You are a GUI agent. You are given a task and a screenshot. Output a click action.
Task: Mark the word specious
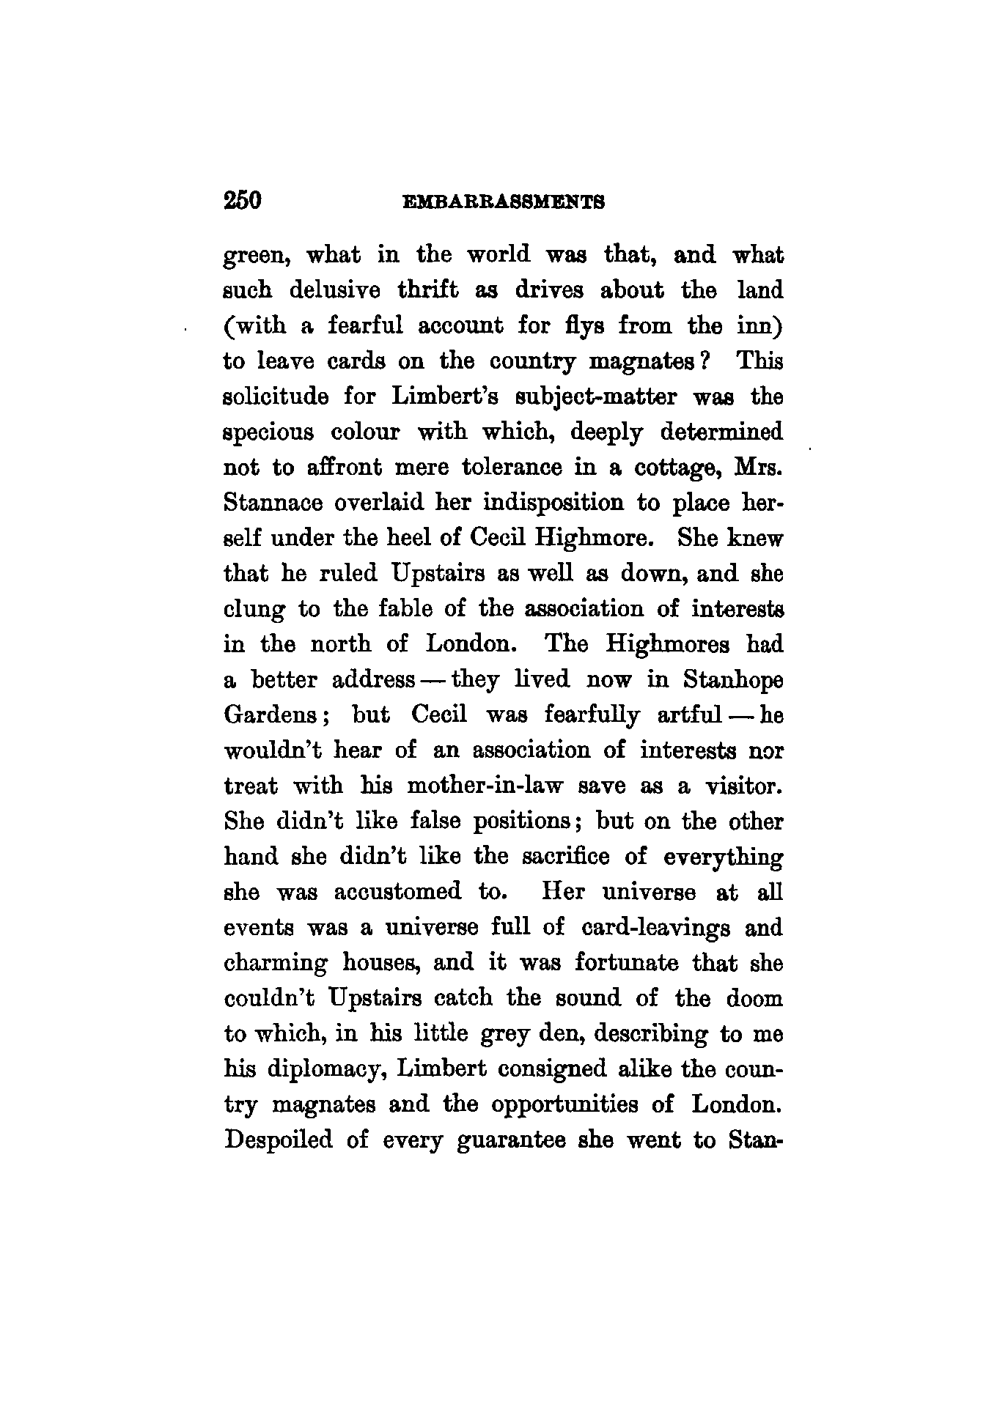pyautogui.click(x=268, y=433)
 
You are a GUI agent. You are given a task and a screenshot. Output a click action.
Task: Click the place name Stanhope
pyautogui.click(x=732, y=681)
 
